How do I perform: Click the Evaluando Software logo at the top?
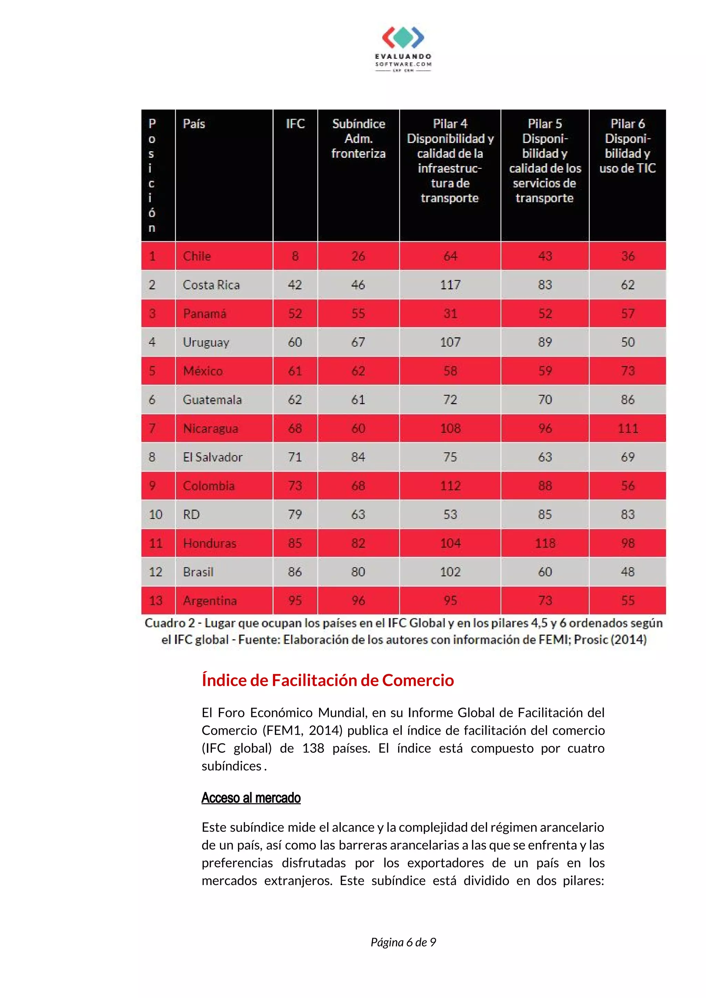[x=403, y=49]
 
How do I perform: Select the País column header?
[x=194, y=124]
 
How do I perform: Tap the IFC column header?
[x=295, y=124]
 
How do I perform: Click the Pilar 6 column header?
[x=627, y=146]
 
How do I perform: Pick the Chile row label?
[x=196, y=256]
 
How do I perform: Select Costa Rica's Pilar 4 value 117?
[x=450, y=285]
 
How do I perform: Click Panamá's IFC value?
[x=295, y=313]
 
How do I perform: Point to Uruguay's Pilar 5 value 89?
[x=545, y=342]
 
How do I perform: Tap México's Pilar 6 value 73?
[x=627, y=371]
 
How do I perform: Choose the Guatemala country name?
[x=212, y=400]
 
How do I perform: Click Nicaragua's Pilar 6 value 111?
[x=627, y=428]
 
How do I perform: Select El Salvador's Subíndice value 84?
[x=358, y=457]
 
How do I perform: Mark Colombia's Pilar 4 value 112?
[x=450, y=485]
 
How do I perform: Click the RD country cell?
[x=191, y=514]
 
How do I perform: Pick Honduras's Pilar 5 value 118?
[x=545, y=543]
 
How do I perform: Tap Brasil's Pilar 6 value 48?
[x=627, y=572]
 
